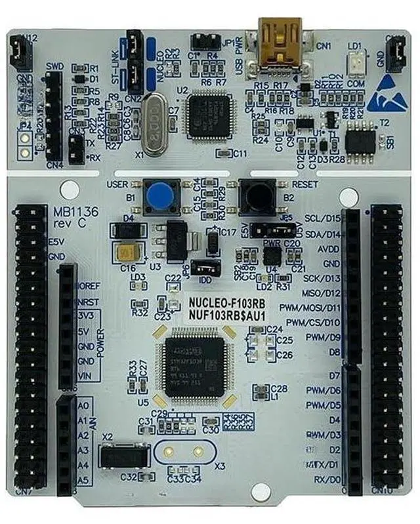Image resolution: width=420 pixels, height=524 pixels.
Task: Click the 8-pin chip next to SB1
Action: coord(360,138)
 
